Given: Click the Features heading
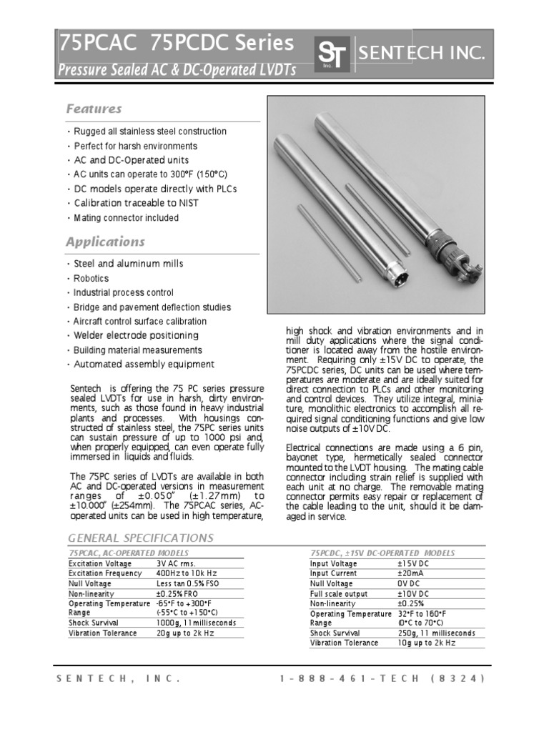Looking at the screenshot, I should (x=94, y=109).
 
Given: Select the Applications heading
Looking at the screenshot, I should (x=105, y=242).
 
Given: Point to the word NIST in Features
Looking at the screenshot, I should (x=189, y=203).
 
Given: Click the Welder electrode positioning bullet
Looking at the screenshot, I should (x=137, y=335).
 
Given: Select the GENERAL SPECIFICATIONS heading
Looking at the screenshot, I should (x=140, y=538).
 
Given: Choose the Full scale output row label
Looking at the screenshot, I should (x=338, y=593).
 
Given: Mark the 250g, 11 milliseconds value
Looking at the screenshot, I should (x=436, y=633).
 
